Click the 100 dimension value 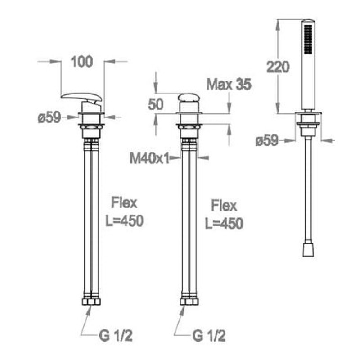click(82, 62)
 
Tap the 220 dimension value click(278, 67)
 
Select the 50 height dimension click(156, 104)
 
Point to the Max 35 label click(229, 85)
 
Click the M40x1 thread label click(149, 158)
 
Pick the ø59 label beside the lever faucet click(49, 117)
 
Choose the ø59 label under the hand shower click(267, 140)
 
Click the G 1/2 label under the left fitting click(116, 336)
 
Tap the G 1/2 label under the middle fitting click(209, 336)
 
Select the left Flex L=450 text click(124, 211)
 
